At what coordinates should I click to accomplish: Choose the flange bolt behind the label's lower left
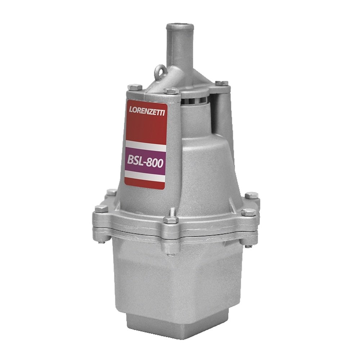tap(112, 192)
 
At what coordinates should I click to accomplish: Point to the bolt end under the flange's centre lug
tap(171, 252)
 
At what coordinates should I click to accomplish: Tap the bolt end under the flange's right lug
tap(248, 246)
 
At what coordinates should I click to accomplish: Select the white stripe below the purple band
tap(145, 175)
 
